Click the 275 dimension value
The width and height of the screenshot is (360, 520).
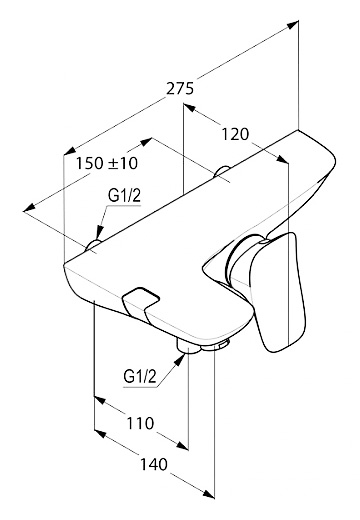[180, 89]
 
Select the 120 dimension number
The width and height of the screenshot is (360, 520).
[235, 134]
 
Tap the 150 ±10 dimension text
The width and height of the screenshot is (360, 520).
[107, 163]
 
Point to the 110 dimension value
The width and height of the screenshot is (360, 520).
[140, 423]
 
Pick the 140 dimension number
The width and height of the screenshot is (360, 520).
[154, 464]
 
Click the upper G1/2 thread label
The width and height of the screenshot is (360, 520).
[124, 196]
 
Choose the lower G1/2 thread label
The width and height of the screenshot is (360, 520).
[140, 377]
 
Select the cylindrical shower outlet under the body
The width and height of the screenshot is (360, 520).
[188, 346]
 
